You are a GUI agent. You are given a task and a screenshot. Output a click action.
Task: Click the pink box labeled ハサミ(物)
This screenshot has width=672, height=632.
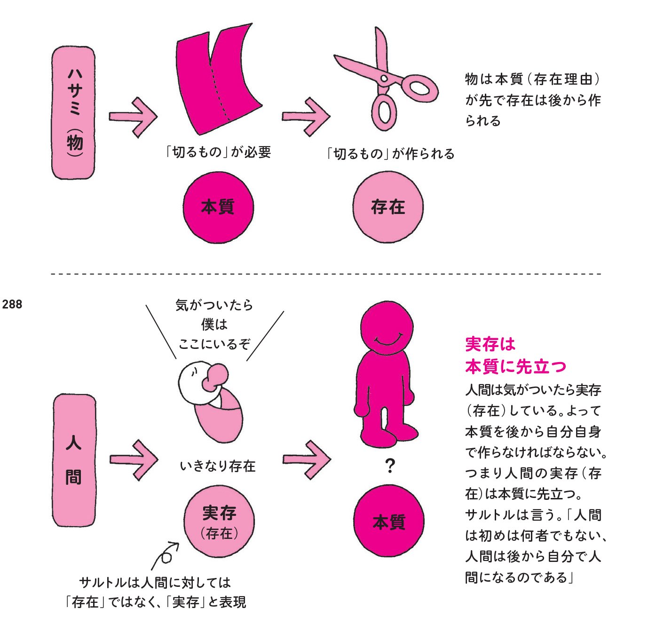[73, 113]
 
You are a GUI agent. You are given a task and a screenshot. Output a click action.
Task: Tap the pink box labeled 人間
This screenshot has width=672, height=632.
[74, 460]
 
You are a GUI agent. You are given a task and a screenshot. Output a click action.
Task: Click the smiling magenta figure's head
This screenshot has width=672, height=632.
[387, 327]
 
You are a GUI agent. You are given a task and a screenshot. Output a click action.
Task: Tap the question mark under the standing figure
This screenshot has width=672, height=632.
[389, 466]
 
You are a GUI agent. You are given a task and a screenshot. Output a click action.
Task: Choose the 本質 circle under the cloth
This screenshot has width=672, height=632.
[218, 207]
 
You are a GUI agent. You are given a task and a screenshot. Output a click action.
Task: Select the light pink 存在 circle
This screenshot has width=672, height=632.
[388, 207]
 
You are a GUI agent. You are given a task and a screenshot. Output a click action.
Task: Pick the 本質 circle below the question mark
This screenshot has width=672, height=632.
[388, 521]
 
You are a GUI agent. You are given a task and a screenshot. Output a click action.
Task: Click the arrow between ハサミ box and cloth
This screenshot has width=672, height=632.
[133, 117]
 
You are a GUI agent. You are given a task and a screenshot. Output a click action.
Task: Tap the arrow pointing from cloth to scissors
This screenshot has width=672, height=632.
[306, 117]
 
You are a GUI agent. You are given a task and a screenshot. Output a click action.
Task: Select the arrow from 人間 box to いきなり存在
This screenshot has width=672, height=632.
[134, 459]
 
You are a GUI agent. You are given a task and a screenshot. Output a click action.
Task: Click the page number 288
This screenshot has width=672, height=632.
[12, 304]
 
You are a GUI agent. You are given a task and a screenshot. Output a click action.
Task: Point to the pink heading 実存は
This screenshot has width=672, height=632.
[490, 344]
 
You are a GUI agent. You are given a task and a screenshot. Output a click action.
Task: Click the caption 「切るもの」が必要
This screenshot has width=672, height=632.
[218, 152]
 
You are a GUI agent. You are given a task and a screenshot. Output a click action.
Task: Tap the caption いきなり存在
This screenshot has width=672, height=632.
[218, 466]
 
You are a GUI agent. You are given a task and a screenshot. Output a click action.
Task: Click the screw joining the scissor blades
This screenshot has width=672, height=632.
[384, 78]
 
